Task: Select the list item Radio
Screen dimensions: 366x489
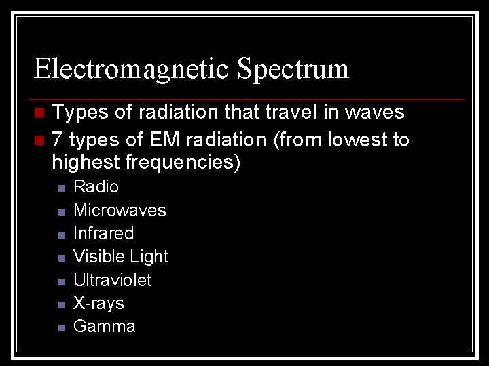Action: tap(96, 186)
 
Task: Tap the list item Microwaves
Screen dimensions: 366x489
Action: tap(120, 210)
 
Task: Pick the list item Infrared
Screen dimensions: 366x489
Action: tap(103, 233)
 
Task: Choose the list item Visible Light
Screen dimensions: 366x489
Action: tap(121, 256)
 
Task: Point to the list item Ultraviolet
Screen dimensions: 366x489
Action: tap(112, 280)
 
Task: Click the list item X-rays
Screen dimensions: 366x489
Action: tap(98, 303)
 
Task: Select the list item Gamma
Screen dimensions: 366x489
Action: tap(104, 326)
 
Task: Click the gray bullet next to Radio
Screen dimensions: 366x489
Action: tap(61, 188)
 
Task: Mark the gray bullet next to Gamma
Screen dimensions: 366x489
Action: tap(61, 327)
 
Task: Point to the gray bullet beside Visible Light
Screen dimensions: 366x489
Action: tap(61, 258)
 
